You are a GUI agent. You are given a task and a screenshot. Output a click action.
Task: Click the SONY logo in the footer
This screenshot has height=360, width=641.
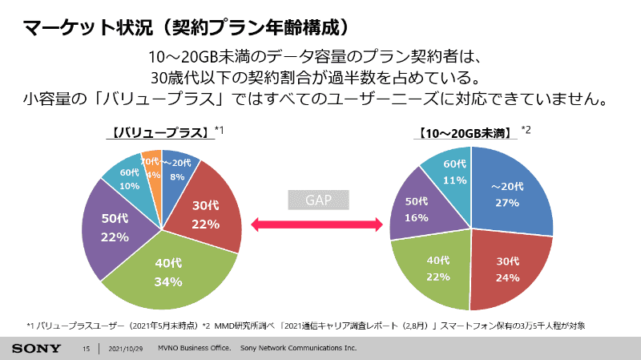point(36,349)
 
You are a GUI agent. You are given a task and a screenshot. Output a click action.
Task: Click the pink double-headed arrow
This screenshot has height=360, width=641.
point(316,227)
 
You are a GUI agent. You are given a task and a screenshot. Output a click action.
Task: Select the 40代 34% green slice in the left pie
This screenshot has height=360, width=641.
point(168,273)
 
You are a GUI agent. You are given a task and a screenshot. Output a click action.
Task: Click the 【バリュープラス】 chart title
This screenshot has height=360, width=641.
point(160,132)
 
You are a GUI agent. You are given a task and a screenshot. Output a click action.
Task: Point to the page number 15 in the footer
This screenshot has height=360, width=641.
point(87,349)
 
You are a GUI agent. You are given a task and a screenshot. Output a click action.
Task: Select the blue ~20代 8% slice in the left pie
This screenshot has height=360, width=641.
point(178,166)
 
